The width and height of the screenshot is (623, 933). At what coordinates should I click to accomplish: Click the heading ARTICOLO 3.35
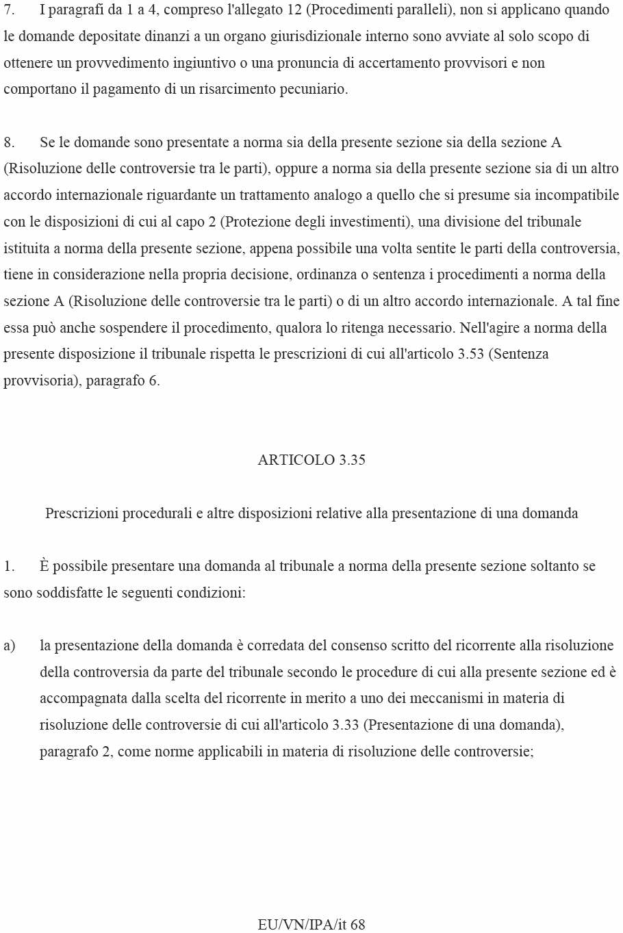(311, 460)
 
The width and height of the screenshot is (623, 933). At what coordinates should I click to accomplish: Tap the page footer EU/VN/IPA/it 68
(311, 924)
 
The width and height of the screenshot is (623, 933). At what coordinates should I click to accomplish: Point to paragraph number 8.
(9, 142)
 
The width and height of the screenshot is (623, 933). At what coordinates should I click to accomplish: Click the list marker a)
(10, 646)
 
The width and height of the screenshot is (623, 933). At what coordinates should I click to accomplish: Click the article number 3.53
(470, 354)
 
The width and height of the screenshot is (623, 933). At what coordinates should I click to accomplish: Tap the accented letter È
(44, 566)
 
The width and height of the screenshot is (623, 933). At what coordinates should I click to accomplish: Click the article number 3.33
(345, 725)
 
